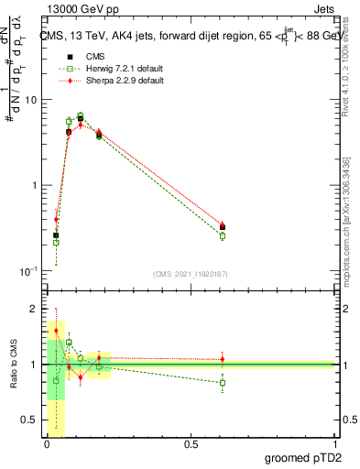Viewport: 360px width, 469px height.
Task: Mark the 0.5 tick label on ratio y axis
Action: coord(33,420)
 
